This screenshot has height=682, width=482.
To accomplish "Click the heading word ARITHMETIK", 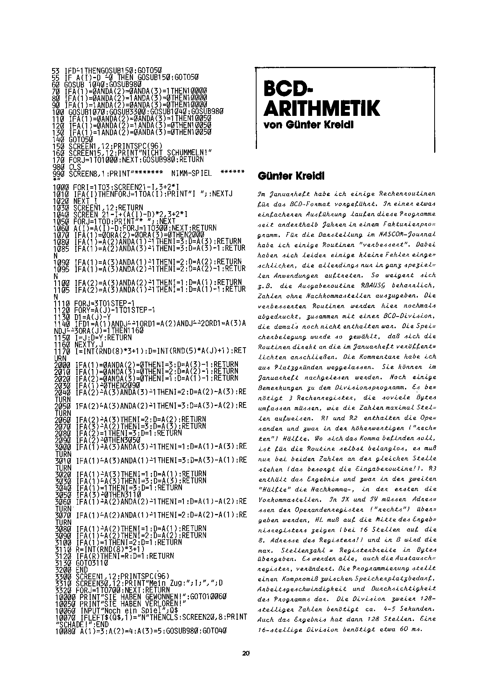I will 321,108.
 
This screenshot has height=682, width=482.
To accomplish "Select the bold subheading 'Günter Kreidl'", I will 291,176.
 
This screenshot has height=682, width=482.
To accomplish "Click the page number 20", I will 246,654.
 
